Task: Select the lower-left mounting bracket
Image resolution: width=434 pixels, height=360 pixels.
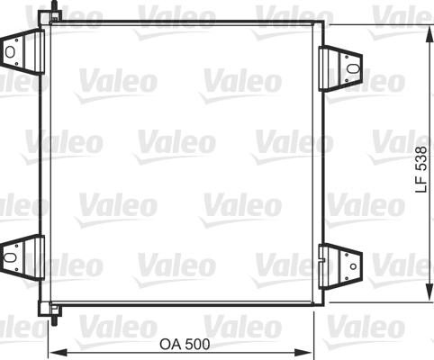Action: pyautogui.click(x=23, y=256)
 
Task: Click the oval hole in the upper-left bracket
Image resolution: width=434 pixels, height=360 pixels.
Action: pyautogui.click(x=12, y=51)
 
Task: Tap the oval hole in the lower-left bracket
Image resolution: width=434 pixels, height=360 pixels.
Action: pyautogui.click(x=12, y=256)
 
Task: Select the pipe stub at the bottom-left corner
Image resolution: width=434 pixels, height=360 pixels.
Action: pyautogui.click(x=56, y=314)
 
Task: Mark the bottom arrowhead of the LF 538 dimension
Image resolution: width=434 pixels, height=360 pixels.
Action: pyautogui.click(x=428, y=301)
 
